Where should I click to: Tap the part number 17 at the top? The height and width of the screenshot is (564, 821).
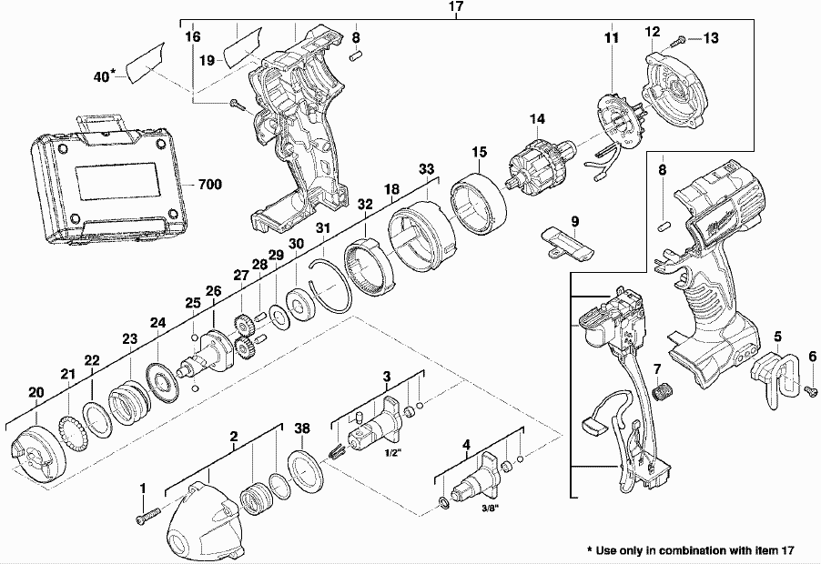click(456, 7)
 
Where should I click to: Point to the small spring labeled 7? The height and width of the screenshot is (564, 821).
click(663, 392)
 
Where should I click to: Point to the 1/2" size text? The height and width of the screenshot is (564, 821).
click(393, 452)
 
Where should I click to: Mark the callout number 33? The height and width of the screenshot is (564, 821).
click(426, 169)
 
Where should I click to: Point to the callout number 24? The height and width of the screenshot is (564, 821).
click(158, 322)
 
